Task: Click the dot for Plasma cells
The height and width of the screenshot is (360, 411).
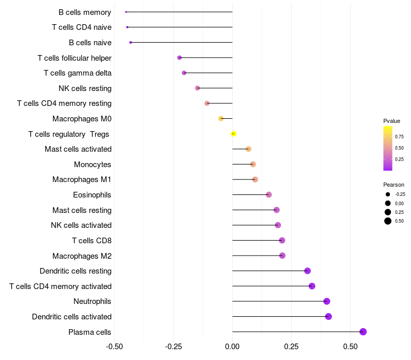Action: coord(363,332)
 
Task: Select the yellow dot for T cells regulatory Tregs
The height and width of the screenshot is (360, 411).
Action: coord(233,134)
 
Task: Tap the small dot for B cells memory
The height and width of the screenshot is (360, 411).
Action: coord(126,12)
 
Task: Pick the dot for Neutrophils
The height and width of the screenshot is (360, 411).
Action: coord(327,301)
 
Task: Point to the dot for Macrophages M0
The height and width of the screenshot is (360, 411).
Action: coord(221,118)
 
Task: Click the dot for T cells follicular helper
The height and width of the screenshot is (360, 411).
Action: coord(179,58)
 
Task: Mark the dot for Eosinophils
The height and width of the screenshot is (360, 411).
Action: coord(269,194)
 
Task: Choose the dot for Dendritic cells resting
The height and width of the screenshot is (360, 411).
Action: coord(307,271)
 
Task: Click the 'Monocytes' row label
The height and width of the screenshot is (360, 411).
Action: coord(92,165)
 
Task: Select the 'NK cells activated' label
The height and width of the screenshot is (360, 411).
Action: coord(81,225)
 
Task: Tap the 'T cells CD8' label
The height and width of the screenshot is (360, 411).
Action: coord(91,241)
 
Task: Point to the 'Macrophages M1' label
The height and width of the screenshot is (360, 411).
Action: coord(82,179)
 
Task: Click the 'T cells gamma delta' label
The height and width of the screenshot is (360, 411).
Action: coord(78,73)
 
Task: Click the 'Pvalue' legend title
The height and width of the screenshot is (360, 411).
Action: coord(391,121)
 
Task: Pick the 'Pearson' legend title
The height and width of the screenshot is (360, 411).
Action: coord(394,185)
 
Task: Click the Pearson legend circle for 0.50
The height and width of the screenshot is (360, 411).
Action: coord(388,221)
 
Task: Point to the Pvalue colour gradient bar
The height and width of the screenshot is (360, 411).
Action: coord(388,148)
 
